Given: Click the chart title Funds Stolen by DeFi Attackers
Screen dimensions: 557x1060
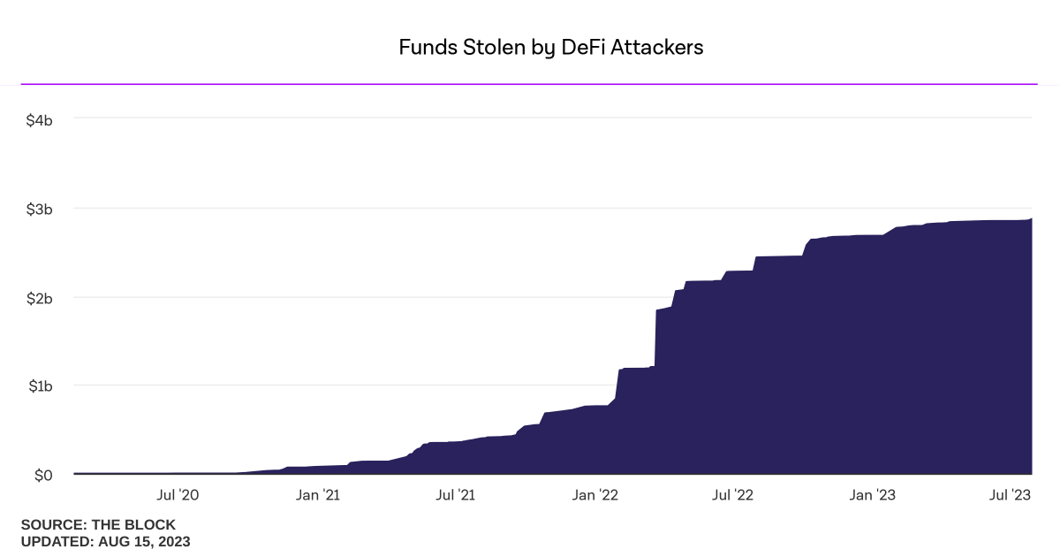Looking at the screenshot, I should pyautogui.click(x=550, y=48).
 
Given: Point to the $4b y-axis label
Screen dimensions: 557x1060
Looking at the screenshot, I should pyautogui.click(x=41, y=118).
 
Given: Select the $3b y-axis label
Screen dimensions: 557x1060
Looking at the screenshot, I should pyautogui.click(x=41, y=210).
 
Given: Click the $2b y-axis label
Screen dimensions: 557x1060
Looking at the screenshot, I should pyautogui.click(x=41, y=298).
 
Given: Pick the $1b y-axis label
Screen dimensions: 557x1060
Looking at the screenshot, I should pyautogui.click(x=41, y=386).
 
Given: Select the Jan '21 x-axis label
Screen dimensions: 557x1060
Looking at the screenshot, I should pyautogui.click(x=318, y=495).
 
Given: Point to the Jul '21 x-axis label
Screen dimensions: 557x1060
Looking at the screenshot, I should pyautogui.click(x=456, y=495).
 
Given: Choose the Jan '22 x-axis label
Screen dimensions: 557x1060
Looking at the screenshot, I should pyautogui.click(x=594, y=495).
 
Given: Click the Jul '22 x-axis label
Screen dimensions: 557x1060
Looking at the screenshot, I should pyautogui.click(x=732, y=495).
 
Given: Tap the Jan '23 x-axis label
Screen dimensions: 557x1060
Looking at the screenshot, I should pyautogui.click(x=872, y=495).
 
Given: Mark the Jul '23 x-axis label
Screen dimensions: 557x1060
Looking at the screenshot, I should pyautogui.click(x=1009, y=495).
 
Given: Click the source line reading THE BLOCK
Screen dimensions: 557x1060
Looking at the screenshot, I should pyautogui.click(x=98, y=525).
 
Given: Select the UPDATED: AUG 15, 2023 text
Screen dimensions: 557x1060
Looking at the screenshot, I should pyautogui.click(x=105, y=541).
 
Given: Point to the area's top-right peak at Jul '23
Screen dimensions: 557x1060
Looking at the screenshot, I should pyautogui.click(x=1031, y=219).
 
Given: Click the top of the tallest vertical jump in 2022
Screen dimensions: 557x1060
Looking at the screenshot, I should pyautogui.click(x=656, y=310).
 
